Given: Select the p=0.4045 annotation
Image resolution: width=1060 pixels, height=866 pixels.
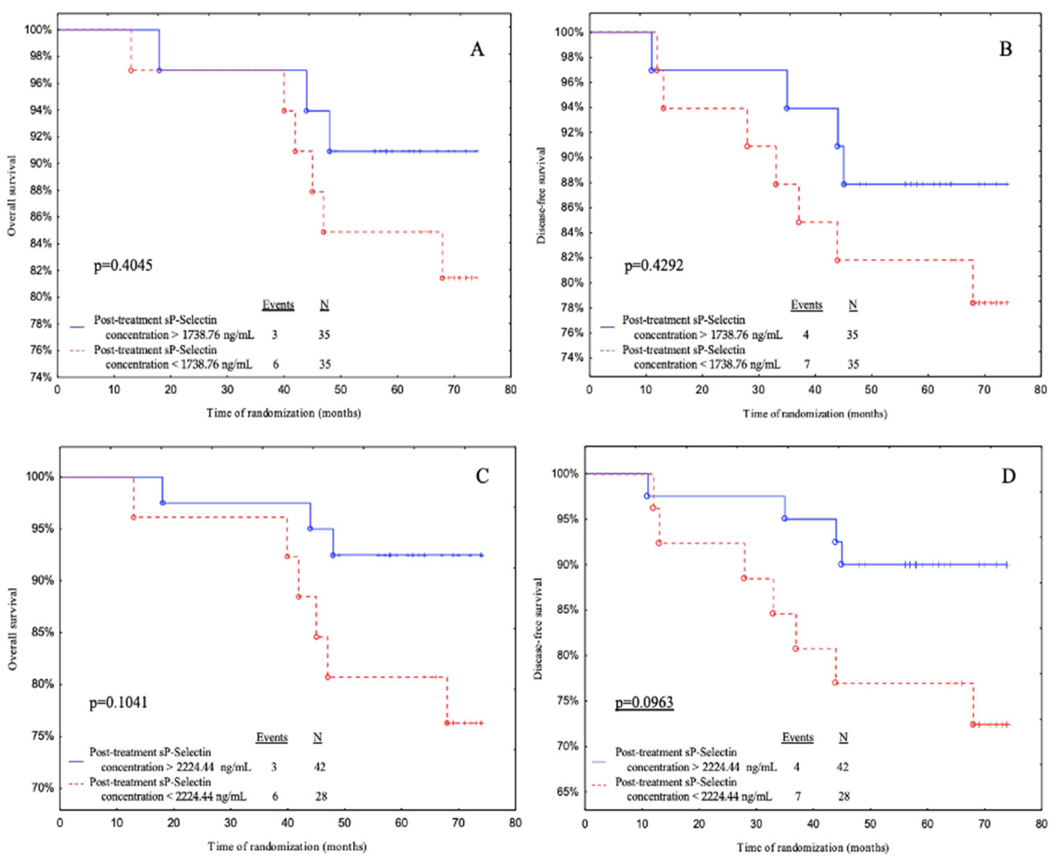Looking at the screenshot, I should coord(123,265).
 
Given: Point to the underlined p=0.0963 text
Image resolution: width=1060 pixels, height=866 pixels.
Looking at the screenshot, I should coord(644,702).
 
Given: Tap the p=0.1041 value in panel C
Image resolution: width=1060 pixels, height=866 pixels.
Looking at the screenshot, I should coord(118,702).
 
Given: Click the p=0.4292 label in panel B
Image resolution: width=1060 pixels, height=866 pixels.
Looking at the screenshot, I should coord(654,265).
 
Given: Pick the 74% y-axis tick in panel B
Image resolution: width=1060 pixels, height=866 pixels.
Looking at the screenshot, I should coord(570,358).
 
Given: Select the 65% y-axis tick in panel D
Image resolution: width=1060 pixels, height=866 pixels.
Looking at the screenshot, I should coord(567,792).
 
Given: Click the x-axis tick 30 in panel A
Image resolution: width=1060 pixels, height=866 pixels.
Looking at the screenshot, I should coord(227,390).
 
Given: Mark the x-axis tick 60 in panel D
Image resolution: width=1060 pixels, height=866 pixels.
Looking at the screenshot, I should coord(927,824).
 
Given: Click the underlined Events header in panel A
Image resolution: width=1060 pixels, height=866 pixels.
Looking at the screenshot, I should coord(278,305).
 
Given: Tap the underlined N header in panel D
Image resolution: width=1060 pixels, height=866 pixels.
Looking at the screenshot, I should coord(843,737).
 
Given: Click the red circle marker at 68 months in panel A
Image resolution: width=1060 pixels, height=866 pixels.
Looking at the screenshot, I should coord(442,278).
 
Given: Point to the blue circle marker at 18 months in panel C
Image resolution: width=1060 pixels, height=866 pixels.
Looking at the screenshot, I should coord(163,503).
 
